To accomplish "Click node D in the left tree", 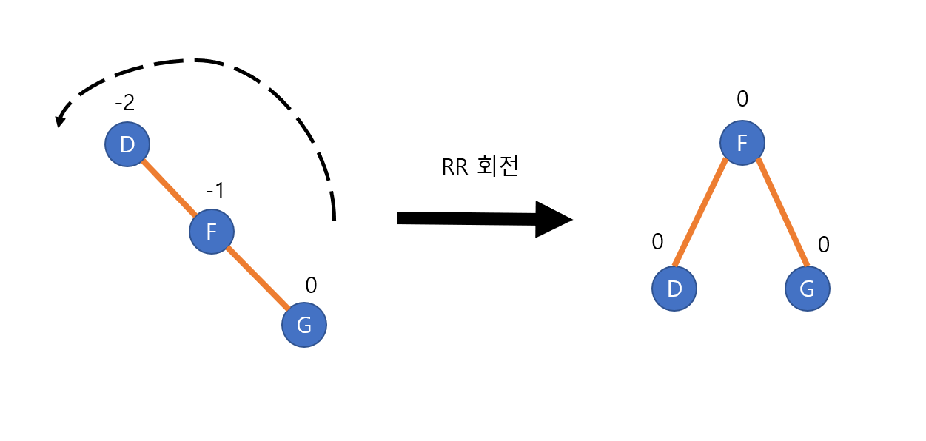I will pyautogui.click(x=127, y=144).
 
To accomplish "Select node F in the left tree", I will pyautogui.click(x=212, y=232).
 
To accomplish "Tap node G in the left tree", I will pyautogui.click(x=303, y=324).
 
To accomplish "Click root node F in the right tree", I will pyautogui.click(x=742, y=142).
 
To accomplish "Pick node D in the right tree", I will pyautogui.click(x=674, y=288).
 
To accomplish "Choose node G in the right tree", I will pyautogui.click(x=807, y=288).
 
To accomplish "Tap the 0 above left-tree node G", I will pyautogui.click(x=311, y=285).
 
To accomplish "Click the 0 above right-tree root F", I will pyautogui.click(x=742, y=98).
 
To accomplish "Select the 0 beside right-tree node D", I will pyautogui.click(x=657, y=242).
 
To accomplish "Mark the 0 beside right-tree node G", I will pyautogui.click(x=823, y=245).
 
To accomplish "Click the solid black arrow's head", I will pyautogui.click(x=555, y=219).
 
